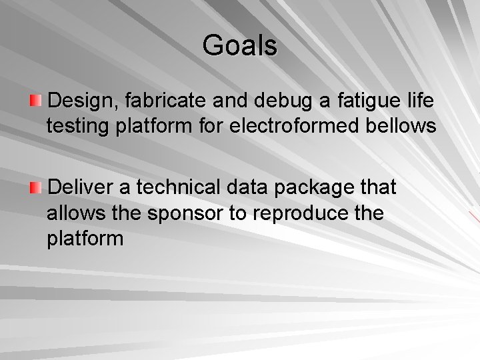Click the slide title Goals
pos(240,46)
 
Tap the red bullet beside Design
pos(35,101)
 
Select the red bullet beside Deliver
pos(35,187)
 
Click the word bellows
pos(403,126)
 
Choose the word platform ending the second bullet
pos(85,239)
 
